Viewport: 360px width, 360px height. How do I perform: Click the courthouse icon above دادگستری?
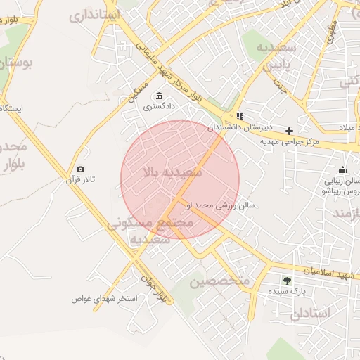160,96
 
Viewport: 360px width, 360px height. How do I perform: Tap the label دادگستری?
160,108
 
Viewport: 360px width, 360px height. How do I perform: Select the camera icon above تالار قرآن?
80,169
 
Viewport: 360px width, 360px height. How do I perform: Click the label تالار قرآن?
85,181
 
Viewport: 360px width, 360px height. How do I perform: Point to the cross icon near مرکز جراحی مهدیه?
289,131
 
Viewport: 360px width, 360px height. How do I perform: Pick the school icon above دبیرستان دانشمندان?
240,117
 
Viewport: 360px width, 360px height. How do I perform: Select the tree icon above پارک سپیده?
286,280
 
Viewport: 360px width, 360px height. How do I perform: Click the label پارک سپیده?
288,290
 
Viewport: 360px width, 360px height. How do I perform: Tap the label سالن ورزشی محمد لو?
225,205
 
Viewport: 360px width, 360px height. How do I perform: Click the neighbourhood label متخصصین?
220,281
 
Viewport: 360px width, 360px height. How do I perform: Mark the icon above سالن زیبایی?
342,169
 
